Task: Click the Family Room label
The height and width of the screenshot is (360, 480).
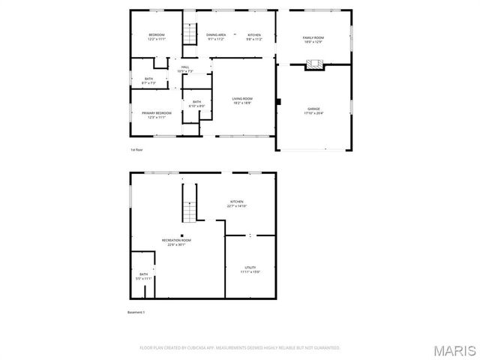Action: coord(313,37)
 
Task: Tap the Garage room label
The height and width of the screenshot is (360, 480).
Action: coord(313,109)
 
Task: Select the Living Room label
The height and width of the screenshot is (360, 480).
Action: coord(241,99)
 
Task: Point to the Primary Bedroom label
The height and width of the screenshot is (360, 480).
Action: coord(157,112)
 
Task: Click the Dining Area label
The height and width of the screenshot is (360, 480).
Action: coord(217,35)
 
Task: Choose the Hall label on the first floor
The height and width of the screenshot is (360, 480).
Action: coord(185,67)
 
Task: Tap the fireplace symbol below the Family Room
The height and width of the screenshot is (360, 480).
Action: coord(313,65)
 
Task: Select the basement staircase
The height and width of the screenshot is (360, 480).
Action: coord(190,204)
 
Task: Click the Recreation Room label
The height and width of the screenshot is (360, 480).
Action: coord(177,240)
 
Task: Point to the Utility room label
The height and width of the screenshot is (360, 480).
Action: coord(250,268)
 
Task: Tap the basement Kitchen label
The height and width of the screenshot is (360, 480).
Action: coord(237,202)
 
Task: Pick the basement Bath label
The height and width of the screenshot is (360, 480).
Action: coord(143,274)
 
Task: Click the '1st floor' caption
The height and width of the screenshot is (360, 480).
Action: coord(136,150)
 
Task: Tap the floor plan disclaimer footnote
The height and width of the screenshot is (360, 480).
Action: coord(240,348)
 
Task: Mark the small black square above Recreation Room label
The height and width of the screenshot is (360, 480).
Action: coord(181,235)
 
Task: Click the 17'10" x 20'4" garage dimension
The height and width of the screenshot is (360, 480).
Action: coord(313,113)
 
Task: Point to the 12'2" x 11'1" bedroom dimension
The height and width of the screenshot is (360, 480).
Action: coord(157,40)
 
